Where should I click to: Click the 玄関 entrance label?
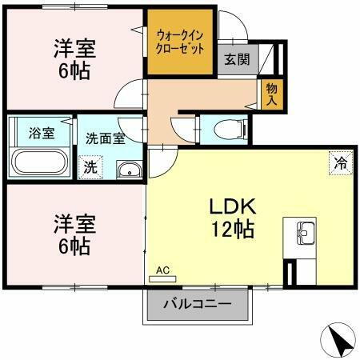[x=236, y=58]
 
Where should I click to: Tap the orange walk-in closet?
[x=180, y=42]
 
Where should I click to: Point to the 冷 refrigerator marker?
[x=340, y=163]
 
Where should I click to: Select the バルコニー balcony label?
[x=198, y=304]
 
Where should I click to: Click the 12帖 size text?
[x=233, y=230]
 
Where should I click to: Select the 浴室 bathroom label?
[x=41, y=134]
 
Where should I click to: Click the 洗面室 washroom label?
[x=105, y=138]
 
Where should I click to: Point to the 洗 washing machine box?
[x=91, y=167]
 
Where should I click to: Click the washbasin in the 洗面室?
[x=128, y=169]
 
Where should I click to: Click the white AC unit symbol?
[x=163, y=279]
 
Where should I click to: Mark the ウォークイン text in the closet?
[x=179, y=35]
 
